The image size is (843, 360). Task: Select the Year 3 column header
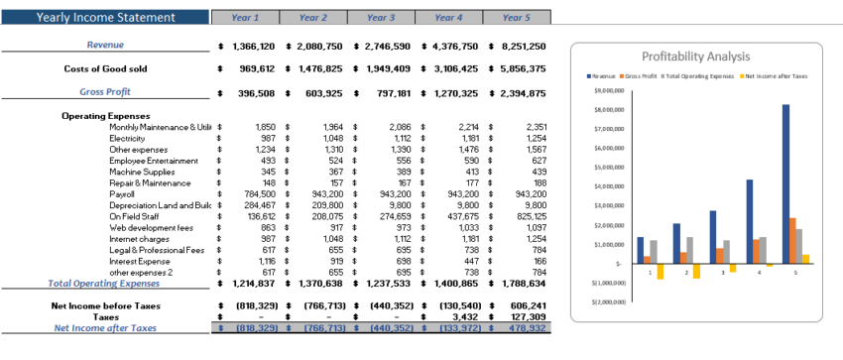point(381,17)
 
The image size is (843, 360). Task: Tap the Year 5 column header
point(515,17)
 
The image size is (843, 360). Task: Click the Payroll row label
point(123,193)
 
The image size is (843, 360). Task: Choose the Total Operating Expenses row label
point(103,283)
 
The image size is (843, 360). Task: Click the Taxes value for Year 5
point(524,316)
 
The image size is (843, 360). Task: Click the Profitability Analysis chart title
point(696,57)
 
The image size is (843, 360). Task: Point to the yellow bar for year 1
point(660,271)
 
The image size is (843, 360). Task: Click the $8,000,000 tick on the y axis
point(610,109)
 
